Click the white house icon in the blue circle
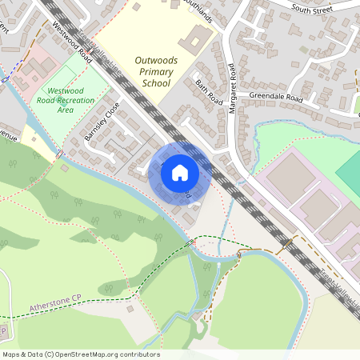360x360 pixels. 180,173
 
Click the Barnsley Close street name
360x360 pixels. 102,121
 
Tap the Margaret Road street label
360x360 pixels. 233,88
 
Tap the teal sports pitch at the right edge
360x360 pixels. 349,169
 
